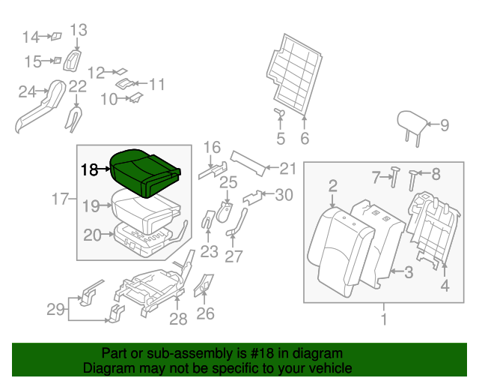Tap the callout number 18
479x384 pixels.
click(x=89, y=170)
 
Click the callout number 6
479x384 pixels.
click(x=305, y=139)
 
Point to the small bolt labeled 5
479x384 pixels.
click(x=280, y=113)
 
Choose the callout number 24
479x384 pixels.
click(x=27, y=92)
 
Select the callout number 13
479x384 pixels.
click(x=79, y=30)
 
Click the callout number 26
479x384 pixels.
click(x=205, y=313)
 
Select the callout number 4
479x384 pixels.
click(x=445, y=286)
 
